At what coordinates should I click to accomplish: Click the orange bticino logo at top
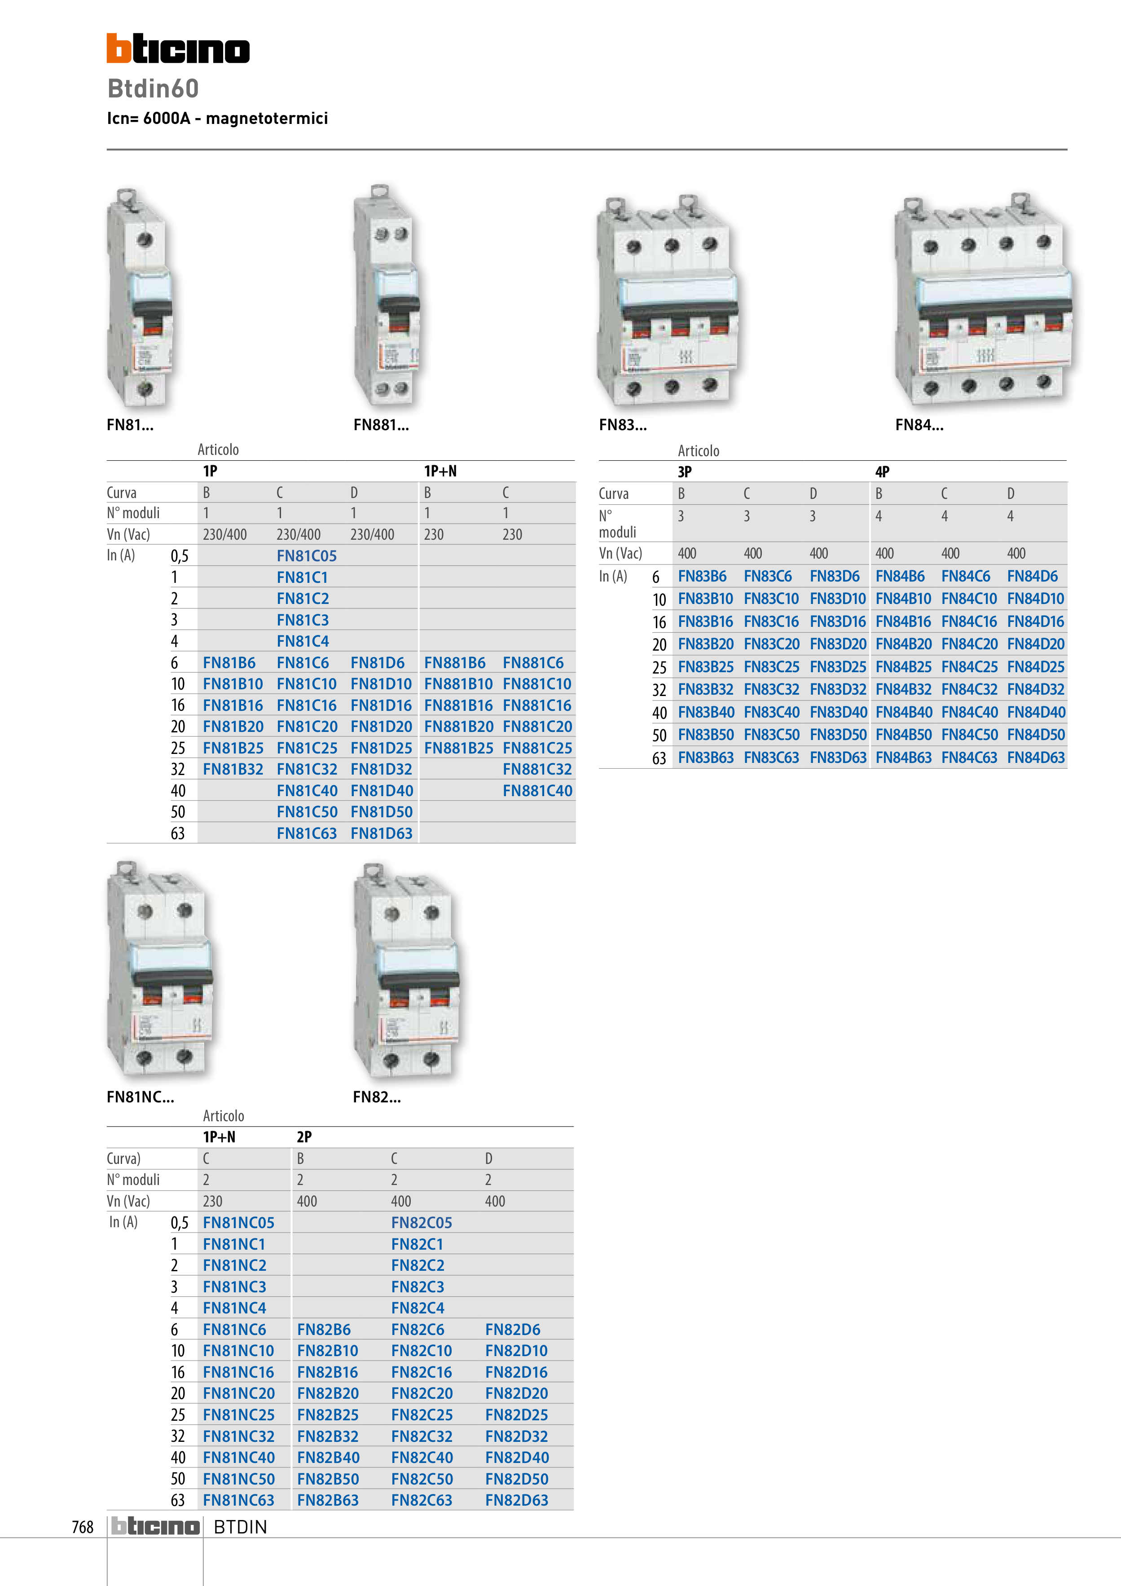coord(178,48)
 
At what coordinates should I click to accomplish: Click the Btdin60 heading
coord(154,88)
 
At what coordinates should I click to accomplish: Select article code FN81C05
coord(307,556)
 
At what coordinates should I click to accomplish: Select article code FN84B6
coord(900,576)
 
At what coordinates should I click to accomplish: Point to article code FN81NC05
coord(238,1223)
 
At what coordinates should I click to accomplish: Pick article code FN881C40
coord(537,790)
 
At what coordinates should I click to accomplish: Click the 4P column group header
coord(882,472)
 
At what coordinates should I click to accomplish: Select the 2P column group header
coord(304,1137)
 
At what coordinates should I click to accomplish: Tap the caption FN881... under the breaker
coord(381,425)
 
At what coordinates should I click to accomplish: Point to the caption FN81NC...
coord(140,1097)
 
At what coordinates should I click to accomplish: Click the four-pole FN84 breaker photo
coord(984,299)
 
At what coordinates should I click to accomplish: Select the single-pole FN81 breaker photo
coord(140,297)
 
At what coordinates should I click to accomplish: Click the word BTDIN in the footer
coord(240,1527)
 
